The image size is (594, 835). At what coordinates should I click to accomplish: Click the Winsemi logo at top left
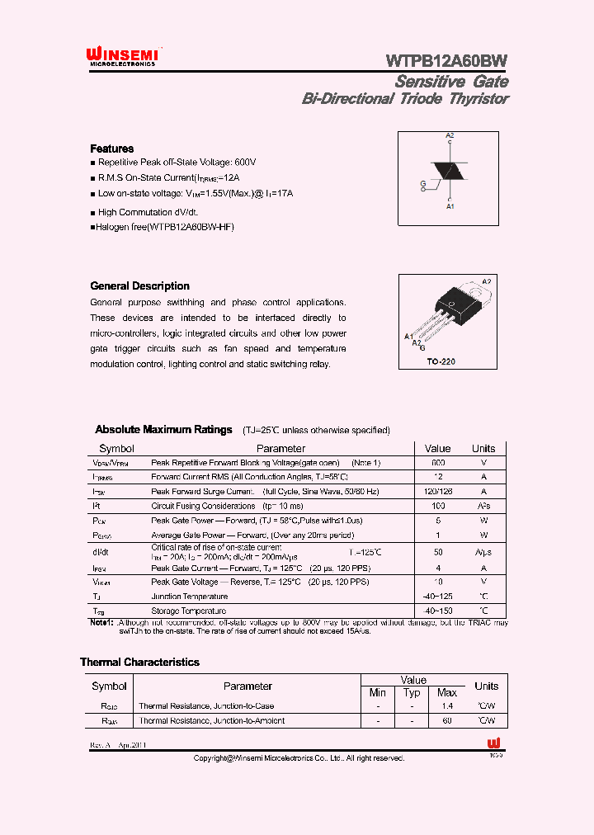coord(122,55)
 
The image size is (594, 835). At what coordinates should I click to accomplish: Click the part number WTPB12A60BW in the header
coord(446,60)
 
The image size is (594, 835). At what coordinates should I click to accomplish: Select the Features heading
coord(111,149)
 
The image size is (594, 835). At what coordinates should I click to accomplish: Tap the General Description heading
coord(139,286)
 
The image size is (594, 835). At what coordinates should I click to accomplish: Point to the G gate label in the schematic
coord(422,182)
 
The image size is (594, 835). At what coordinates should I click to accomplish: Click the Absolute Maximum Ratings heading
coord(163,430)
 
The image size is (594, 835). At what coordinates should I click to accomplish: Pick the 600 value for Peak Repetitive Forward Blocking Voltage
coord(438,464)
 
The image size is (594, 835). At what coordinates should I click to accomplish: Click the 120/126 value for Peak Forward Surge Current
coord(438,492)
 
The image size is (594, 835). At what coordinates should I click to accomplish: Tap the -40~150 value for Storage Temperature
coord(438,611)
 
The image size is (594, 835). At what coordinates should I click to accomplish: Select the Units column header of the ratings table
coord(483,449)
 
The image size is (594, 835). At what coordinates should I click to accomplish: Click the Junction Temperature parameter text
coord(189,597)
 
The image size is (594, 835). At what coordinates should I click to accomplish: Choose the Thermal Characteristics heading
coord(139,662)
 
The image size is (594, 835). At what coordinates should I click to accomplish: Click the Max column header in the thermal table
coord(446,692)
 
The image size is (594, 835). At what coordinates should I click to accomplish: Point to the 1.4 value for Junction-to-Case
coord(446,706)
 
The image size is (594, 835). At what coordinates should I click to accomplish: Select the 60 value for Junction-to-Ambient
coord(446,721)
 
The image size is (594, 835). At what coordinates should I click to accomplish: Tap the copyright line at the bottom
coord(299,757)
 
